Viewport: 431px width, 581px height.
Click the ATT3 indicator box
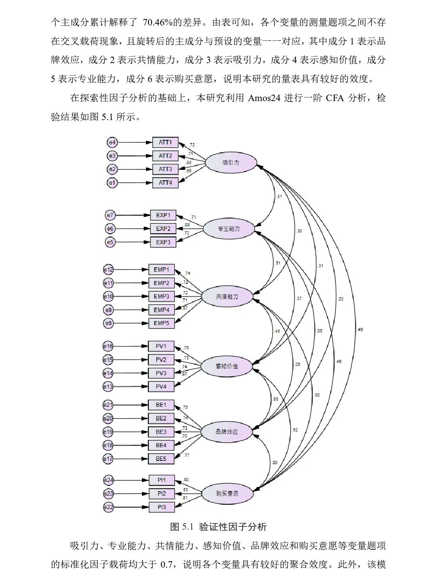165,169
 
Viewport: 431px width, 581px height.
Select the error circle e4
112,142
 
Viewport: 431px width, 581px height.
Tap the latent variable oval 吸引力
231,163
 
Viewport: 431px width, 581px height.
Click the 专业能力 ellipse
228,229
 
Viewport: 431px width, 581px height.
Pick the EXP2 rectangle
163,229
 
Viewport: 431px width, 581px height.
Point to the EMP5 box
161,323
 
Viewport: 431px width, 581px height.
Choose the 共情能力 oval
227,297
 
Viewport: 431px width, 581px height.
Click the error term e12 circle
108,270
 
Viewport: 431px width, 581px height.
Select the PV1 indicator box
161,346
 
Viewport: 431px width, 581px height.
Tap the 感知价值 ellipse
227,366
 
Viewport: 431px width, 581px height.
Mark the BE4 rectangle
161,445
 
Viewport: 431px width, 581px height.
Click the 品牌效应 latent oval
227,432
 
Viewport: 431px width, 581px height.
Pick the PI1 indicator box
162,480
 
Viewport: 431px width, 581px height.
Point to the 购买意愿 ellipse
227,493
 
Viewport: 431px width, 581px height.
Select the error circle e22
108,507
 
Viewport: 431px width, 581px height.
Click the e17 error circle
108,459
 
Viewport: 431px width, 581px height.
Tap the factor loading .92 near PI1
186,480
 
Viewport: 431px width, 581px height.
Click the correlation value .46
360,330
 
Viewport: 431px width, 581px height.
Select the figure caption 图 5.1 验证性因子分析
218,527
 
